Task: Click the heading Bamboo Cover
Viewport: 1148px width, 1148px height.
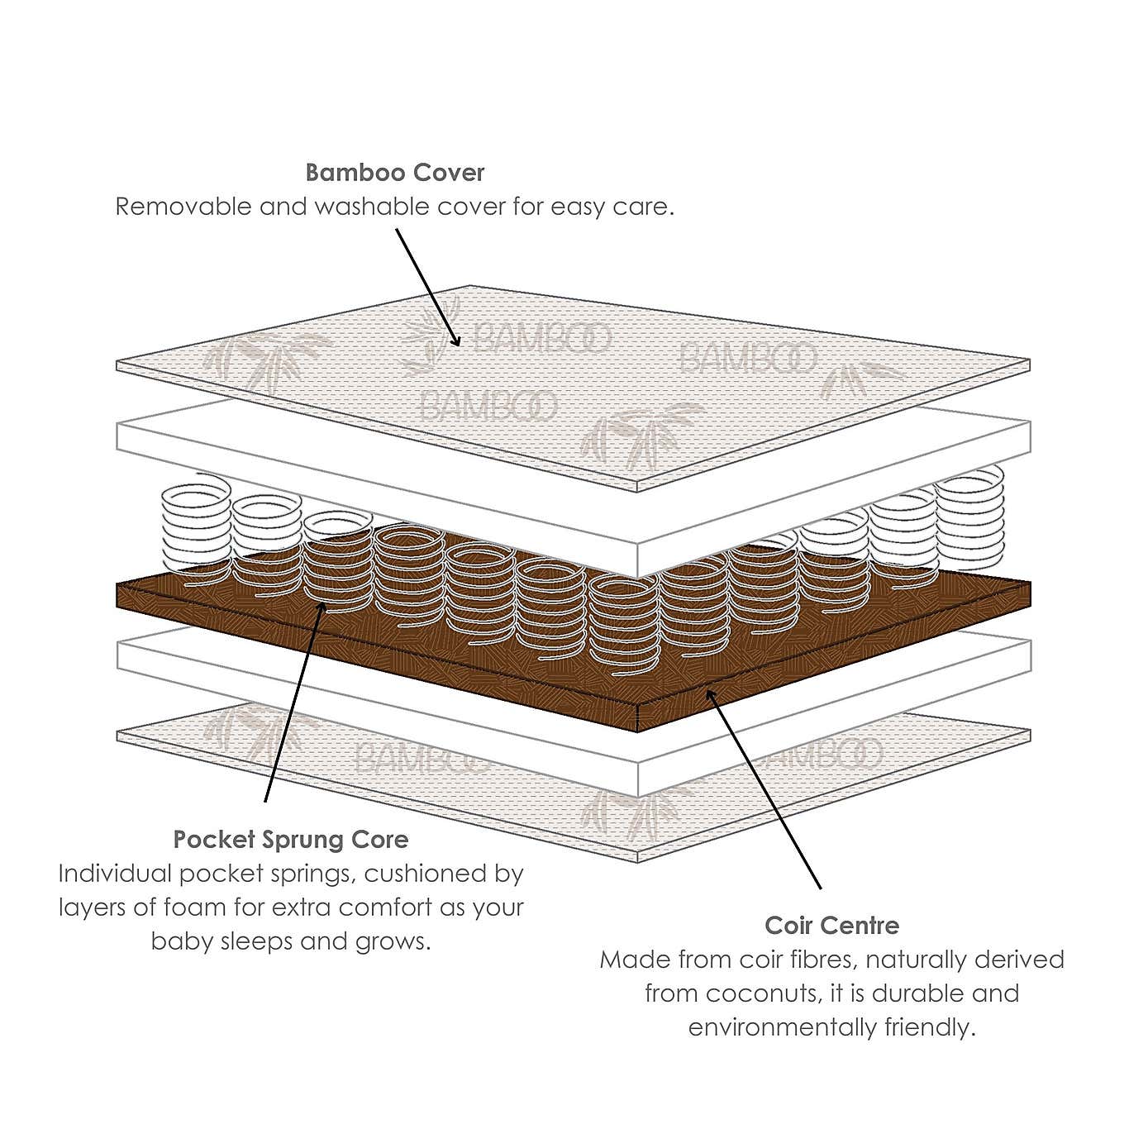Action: tap(394, 173)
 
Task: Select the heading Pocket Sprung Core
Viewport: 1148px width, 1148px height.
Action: tap(291, 840)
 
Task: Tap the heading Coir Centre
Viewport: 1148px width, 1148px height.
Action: tap(831, 926)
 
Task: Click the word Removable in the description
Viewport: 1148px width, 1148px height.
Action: tap(183, 207)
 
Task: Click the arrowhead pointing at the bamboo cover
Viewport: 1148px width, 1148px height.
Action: tap(456, 340)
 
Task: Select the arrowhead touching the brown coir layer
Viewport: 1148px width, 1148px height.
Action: tap(709, 693)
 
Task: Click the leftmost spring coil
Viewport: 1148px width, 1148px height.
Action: tap(196, 529)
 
